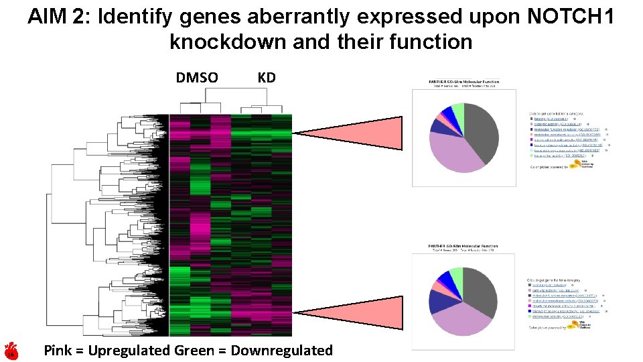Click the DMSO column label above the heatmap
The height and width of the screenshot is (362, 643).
pos(196,78)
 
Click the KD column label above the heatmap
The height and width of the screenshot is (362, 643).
pos(266,78)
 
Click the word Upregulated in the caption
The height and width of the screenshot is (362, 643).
pos(129,350)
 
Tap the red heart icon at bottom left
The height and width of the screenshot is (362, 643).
pos(11,351)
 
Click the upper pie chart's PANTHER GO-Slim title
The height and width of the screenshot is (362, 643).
pos(463,82)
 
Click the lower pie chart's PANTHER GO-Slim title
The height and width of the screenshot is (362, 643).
pos(463,247)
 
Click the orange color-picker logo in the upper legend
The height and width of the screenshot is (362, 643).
pos(575,164)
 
